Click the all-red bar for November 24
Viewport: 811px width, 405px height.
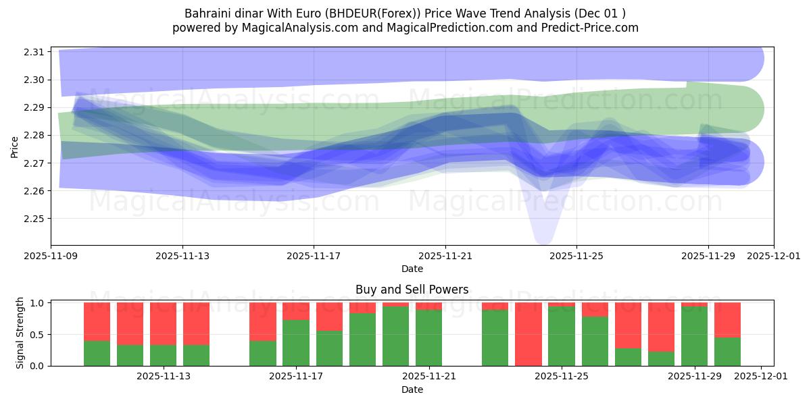tap(528, 333)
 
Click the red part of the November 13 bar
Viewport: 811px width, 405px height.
tap(164, 323)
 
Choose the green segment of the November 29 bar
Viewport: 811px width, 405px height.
tap(694, 336)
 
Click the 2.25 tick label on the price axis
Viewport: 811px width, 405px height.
tap(34, 219)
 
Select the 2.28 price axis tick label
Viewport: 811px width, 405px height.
tap(34, 135)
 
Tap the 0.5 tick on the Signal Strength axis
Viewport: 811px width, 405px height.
tap(38, 334)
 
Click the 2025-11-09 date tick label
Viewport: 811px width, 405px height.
tap(51, 256)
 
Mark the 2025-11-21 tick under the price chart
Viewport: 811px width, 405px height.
tap(445, 256)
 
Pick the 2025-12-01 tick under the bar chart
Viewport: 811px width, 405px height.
tap(761, 377)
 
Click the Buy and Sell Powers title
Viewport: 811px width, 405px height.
tap(412, 290)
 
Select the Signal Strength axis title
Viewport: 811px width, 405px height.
tap(20, 333)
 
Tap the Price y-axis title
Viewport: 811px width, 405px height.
tap(15, 146)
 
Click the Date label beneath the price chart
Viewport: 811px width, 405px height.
tap(412, 269)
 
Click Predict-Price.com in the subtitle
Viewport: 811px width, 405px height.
tap(591, 28)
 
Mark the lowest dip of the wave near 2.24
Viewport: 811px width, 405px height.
tap(543, 240)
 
